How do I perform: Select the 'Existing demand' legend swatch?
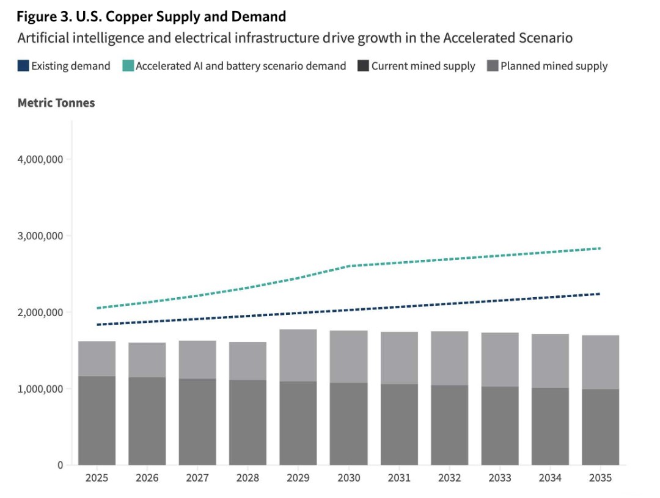(x=23, y=66)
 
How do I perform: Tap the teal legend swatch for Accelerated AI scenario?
(x=128, y=66)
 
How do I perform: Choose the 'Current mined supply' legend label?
(x=423, y=66)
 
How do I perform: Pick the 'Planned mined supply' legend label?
(x=554, y=66)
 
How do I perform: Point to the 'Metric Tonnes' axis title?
(x=56, y=103)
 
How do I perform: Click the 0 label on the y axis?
(x=60, y=465)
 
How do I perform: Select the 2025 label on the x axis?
(x=97, y=478)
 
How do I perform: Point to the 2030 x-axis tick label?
(x=348, y=478)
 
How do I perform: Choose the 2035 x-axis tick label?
(x=600, y=478)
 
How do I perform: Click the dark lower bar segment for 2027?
(x=197, y=421)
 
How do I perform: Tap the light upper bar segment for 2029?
(x=298, y=355)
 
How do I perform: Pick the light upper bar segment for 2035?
(x=600, y=362)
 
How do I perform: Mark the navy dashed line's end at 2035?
(x=599, y=294)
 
